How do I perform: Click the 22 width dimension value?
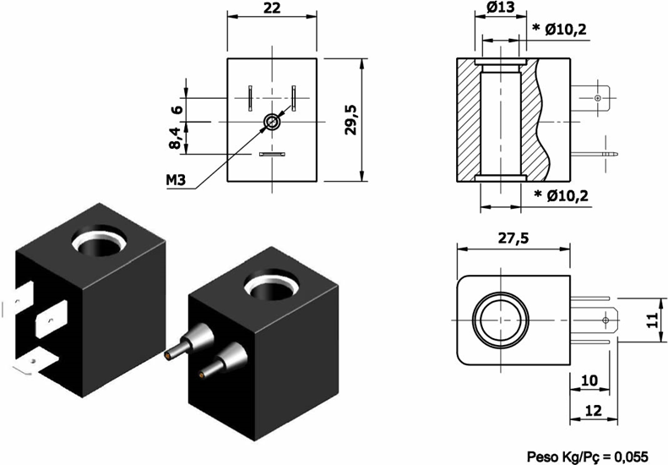[x=272, y=8]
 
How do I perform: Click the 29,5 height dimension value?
[x=350, y=120]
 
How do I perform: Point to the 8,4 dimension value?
[x=176, y=137]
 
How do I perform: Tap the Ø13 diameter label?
[x=502, y=8]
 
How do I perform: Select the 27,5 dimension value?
[x=510, y=238]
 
